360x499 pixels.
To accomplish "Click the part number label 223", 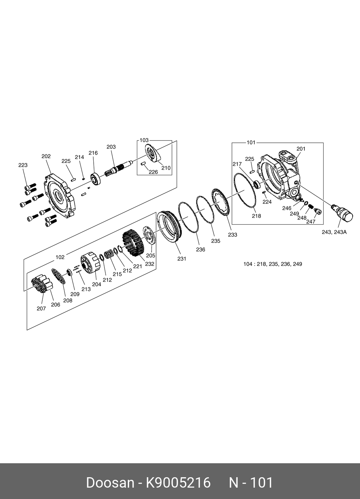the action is click(23, 165).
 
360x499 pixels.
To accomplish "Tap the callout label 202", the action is click(46, 156).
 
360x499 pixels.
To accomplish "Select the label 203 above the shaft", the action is click(111, 147).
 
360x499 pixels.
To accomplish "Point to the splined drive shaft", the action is click(119, 167).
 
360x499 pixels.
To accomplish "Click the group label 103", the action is click(144, 140).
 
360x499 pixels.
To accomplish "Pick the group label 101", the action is click(251, 142).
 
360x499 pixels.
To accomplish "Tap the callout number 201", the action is click(301, 149).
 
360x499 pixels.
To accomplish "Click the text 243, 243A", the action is click(334, 232).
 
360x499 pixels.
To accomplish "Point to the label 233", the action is click(233, 235).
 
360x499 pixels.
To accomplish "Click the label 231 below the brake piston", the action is click(181, 259).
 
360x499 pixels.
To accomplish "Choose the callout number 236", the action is click(201, 250).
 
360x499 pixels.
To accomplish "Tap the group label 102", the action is click(60, 257).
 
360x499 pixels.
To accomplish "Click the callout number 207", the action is click(41, 309).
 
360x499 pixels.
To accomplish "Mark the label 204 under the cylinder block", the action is click(97, 284).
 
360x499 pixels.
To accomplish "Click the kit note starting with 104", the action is click(273, 264).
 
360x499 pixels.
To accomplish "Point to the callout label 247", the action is click(311, 222).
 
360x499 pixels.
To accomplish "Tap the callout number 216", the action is click(93, 153).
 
